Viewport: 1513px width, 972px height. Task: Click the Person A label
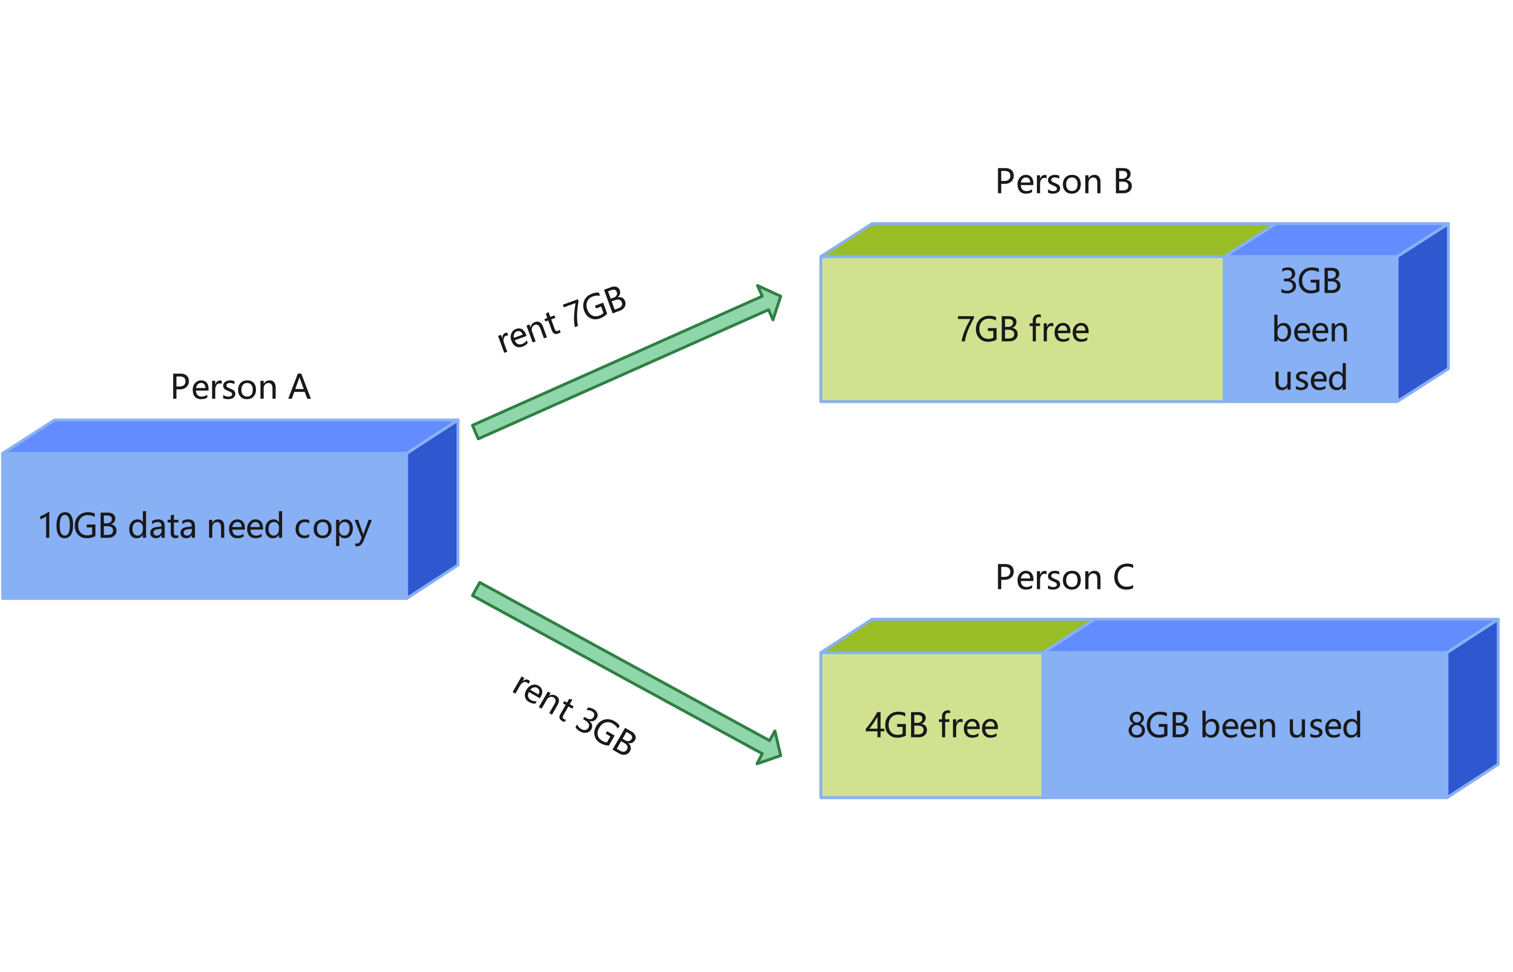(240, 386)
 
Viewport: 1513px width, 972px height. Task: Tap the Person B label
(1064, 182)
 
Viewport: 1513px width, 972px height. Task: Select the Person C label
(1064, 577)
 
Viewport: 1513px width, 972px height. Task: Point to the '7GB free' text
(1023, 329)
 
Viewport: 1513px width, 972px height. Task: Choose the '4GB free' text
(931, 725)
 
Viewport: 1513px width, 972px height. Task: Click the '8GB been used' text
(1244, 725)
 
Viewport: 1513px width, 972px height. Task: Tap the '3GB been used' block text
(1310, 329)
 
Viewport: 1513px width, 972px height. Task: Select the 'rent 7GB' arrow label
(561, 318)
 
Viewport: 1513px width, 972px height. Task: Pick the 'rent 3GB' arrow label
(573, 714)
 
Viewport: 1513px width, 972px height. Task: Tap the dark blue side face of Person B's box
(1423, 312)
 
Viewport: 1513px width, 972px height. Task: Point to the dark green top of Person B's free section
(1045, 240)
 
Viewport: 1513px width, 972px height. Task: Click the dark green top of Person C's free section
(954, 635)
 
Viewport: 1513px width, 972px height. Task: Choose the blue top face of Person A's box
(230, 436)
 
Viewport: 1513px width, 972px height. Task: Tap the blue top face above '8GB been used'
(1269, 635)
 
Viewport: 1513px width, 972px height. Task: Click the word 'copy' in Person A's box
(333, 527)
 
